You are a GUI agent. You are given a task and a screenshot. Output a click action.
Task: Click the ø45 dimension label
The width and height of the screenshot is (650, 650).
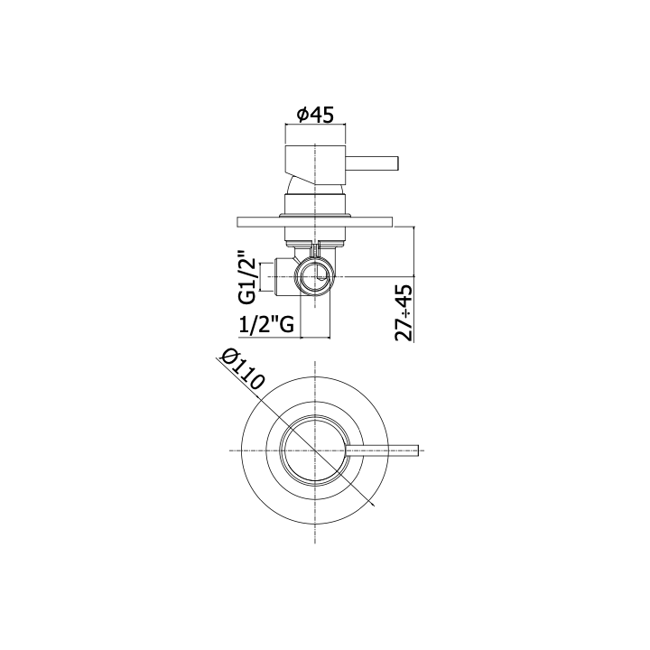315,115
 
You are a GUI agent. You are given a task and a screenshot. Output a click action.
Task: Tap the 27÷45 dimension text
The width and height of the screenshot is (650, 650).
404,313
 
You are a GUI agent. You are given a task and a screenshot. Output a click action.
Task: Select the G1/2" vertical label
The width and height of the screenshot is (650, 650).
247,276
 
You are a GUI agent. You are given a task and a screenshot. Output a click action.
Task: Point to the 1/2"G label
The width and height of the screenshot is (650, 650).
266,324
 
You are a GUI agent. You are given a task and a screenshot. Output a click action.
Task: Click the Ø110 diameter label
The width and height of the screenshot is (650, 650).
242,370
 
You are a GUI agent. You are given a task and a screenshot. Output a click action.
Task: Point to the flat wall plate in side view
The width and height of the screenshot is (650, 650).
315,222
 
